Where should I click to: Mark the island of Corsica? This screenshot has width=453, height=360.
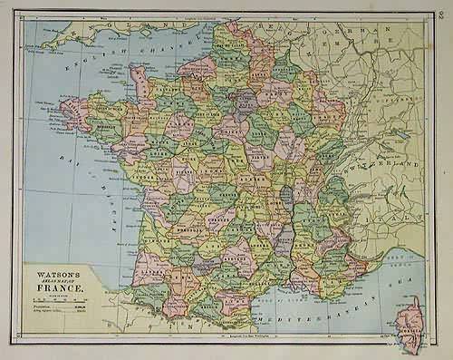(412, 324)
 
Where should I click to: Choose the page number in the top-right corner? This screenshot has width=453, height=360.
(439, 11)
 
